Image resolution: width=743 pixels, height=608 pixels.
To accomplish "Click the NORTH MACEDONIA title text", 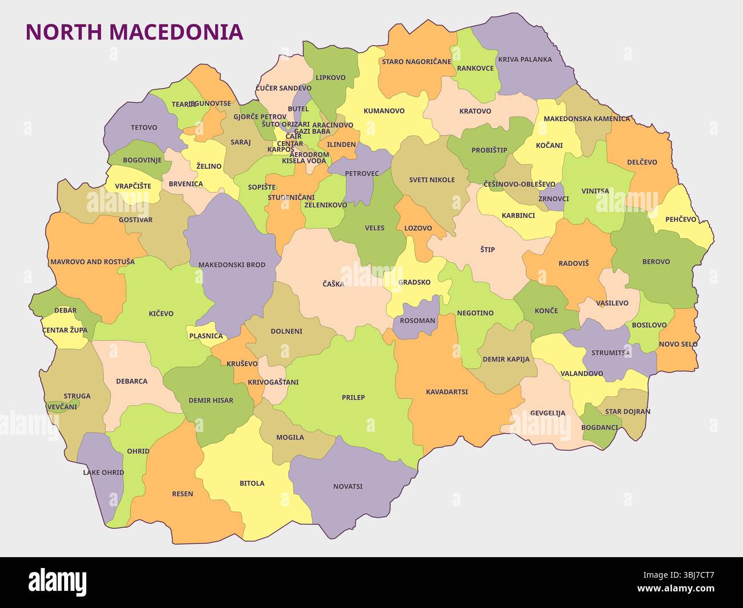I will click(x=134, y=32).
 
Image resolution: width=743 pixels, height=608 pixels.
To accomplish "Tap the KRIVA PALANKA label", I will click(x=525, y=59).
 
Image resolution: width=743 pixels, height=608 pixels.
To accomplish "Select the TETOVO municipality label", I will click(x=143, y=127).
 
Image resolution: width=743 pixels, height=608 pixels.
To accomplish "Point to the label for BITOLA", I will click(x=251, y=483).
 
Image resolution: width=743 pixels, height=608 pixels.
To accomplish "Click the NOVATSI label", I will click(x=347, y=487).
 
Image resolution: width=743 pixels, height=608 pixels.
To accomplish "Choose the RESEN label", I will click(x=182, y=494).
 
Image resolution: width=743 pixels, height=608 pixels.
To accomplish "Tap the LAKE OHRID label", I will click(x=103, y=473).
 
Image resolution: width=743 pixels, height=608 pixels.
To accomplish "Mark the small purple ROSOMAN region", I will click(x=417, y=320).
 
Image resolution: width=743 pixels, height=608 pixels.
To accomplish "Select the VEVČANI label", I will click(x=62, y=406).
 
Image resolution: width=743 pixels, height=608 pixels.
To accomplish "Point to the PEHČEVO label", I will click(x=681, y=219).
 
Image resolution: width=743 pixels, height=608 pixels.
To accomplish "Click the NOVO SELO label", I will click(x=678, y=344).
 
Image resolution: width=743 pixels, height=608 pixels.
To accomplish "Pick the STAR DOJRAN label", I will click(x=628, y=411).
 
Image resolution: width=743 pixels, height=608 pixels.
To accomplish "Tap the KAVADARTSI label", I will click(x=446, y=392).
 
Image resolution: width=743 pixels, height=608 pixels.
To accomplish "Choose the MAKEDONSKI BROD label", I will click(x=231, y=265).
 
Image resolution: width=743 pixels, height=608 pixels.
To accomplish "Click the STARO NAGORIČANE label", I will click(x=416, y=62).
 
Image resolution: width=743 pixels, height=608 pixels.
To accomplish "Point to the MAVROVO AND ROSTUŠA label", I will click(x=92, y=262).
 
